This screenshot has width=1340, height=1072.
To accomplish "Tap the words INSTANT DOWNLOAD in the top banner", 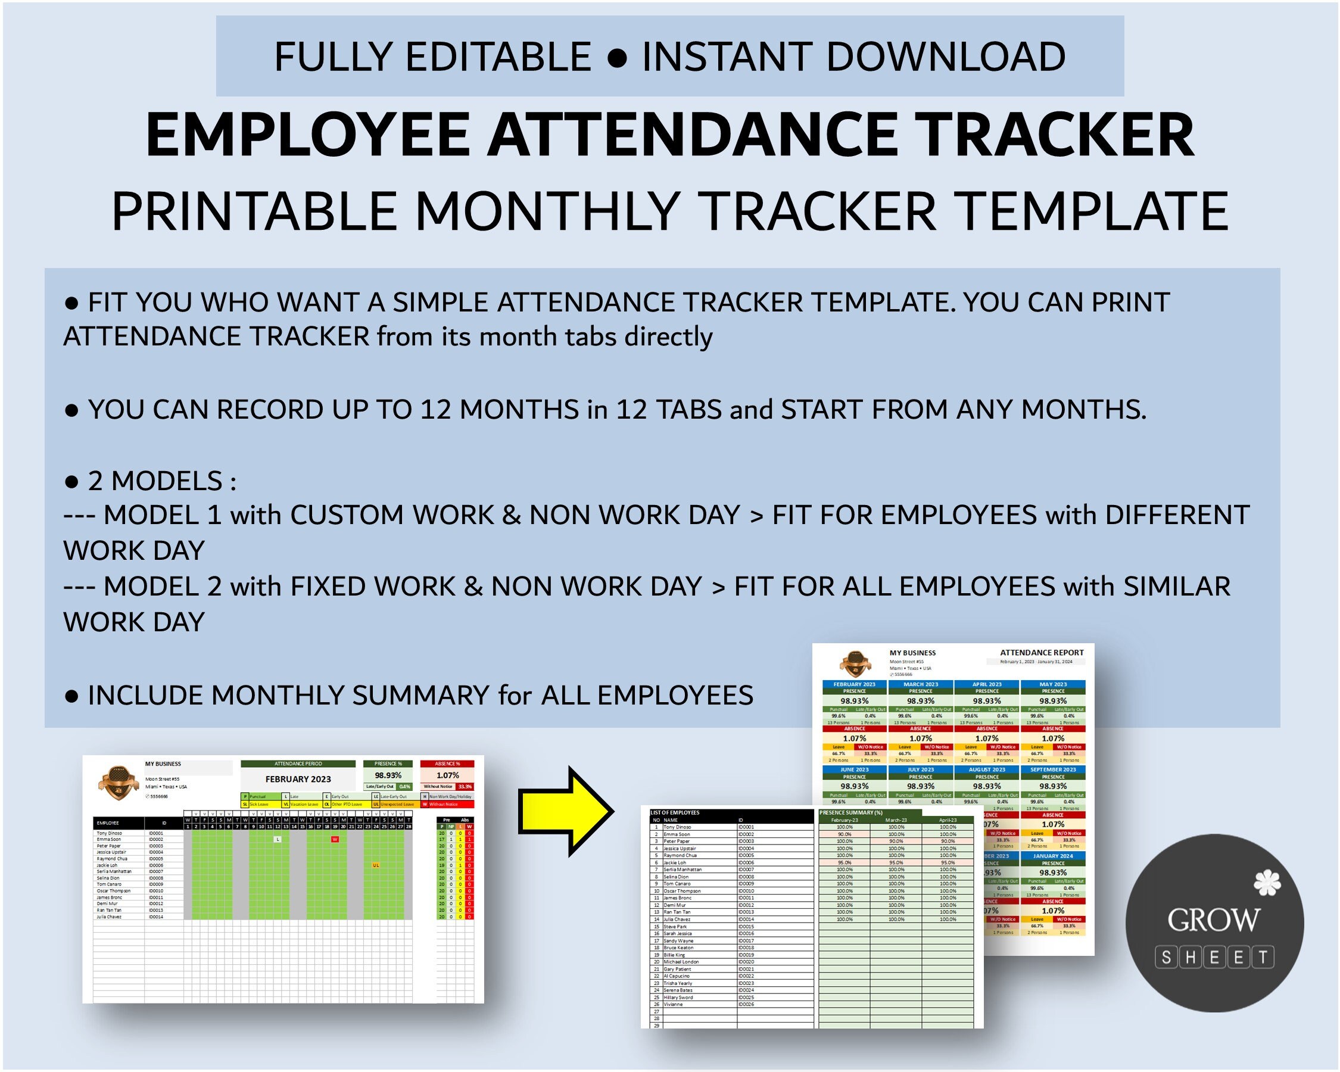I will tap(853, 57).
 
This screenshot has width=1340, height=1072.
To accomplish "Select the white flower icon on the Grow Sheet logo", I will tap(1267, 883).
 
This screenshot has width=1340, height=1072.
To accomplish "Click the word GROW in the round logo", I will tap(1213, 920).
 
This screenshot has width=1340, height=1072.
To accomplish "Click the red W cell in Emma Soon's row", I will tap(335, 840).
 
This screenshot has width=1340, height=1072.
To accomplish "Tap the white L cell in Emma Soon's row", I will tap(278, 840).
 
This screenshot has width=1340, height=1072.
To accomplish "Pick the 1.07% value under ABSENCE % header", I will tap(447, 775).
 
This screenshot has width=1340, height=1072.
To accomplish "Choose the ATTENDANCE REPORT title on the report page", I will tap(1041, 653).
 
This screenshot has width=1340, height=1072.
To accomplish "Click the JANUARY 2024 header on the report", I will tap(1053, 856).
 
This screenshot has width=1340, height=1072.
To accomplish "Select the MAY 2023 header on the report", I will tap(1053, 684).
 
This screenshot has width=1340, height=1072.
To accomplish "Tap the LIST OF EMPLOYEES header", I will tap(675, 813).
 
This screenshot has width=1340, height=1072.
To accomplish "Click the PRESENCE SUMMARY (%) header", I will tap(851, 813).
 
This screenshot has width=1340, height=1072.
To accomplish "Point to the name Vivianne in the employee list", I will tap(673, 1004).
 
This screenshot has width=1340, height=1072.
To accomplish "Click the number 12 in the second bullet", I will tap(437, 410).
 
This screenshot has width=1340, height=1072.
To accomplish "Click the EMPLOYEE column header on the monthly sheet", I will tap(108, 823).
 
